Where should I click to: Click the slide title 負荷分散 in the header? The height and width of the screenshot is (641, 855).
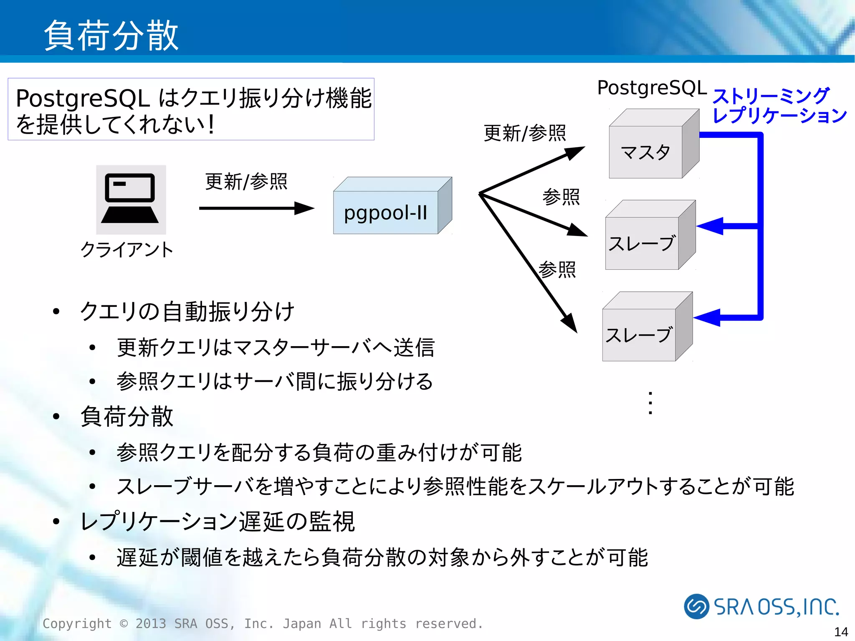111,36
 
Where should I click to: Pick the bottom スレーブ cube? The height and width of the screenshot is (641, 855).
639,334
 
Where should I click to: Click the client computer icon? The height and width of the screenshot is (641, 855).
131,199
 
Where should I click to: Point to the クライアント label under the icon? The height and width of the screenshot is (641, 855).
126,250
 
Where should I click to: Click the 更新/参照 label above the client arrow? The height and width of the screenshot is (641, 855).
246,182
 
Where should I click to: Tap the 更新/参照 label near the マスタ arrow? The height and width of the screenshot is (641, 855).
525,133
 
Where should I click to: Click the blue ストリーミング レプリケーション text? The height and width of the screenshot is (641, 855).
779,106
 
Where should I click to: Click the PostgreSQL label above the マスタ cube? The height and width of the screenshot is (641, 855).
652,88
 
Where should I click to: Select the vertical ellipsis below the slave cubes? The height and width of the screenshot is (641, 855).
650,403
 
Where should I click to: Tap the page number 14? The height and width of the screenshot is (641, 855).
840,631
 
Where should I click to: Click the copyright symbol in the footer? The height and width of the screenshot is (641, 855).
124,623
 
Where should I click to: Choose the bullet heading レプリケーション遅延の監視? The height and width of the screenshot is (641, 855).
217,521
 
